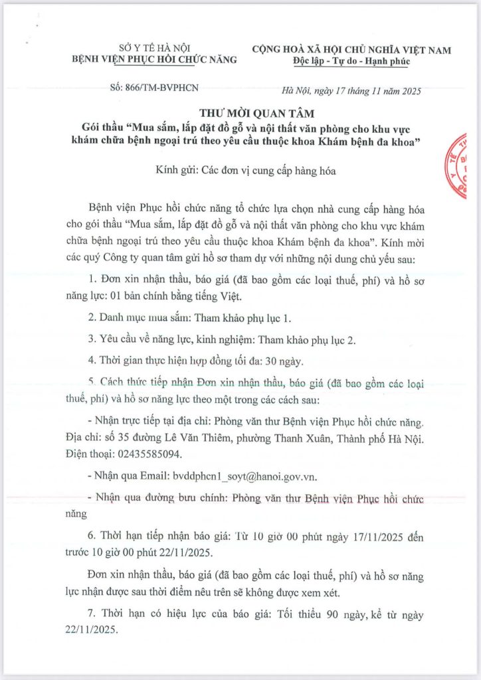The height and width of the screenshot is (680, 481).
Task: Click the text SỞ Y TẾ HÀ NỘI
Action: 152,48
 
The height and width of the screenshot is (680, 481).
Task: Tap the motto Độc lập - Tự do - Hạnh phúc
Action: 351,61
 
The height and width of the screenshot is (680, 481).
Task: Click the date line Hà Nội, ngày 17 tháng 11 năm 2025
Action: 351,90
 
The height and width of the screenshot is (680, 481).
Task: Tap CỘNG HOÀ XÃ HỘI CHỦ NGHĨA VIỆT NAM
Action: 351,49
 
